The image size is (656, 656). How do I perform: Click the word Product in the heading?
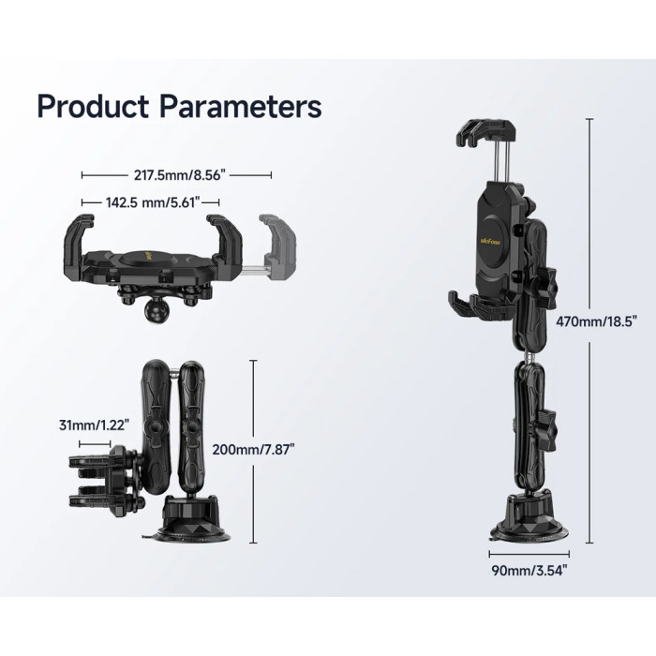click(x=93, y=107)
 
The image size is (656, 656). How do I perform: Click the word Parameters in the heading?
click(x=241, y=107)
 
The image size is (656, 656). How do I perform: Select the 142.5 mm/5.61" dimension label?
click(x=153, y=202)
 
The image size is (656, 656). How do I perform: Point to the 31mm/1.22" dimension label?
click(x=94, y=425)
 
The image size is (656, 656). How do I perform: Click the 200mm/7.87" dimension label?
click(x=254, y=450)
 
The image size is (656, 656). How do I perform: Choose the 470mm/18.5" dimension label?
click(x=597, y=321)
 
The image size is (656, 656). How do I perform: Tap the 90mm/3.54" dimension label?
click(x=529, y=571)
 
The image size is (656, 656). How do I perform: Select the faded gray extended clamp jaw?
click(x=277, y=245)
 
